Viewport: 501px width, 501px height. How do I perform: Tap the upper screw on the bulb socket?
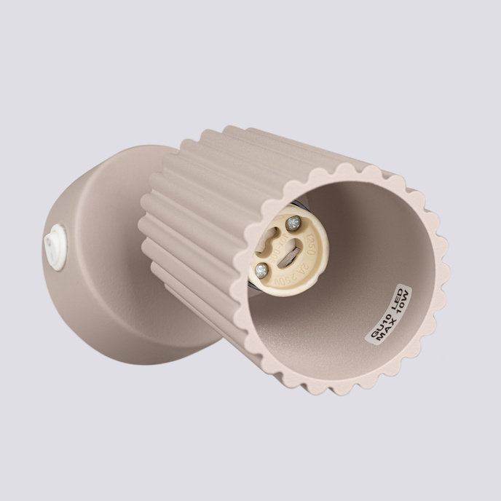coord(293,223)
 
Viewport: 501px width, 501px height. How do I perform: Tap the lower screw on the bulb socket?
coord(261,271)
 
